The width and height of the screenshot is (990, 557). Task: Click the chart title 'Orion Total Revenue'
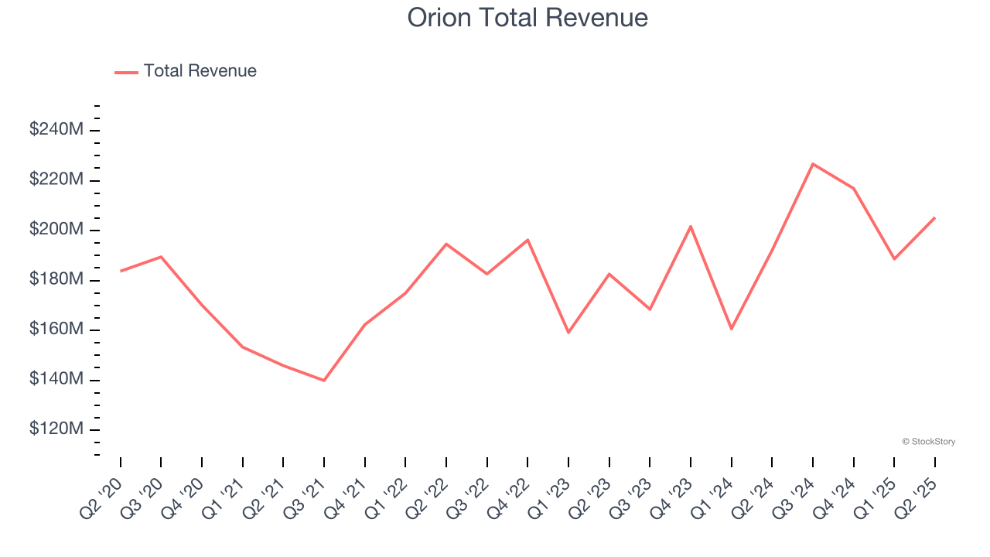[527, 17]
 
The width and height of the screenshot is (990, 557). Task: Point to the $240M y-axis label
[56, 129]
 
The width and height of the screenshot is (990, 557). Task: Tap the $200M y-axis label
[56, 230]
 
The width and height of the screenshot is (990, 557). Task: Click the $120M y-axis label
[56, 429]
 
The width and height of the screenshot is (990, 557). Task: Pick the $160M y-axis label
[56, 330]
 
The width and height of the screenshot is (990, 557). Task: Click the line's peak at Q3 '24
[813, 164]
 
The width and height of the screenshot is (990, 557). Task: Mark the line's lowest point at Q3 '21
[324, 381]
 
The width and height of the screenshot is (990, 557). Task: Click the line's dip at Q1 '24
[731, 329]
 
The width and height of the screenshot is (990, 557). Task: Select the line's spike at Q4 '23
[691, 226]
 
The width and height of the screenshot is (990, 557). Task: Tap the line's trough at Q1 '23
[568, 333]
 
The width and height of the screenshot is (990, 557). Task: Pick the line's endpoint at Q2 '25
[934, 217]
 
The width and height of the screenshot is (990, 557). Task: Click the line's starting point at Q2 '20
[121, 271]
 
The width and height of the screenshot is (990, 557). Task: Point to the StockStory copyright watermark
[928, 442]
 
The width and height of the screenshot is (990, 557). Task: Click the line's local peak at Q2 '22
[446, 244]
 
